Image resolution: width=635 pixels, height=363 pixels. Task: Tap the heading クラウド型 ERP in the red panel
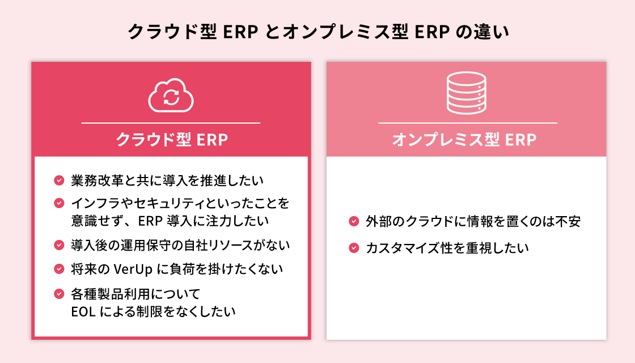[172, 140]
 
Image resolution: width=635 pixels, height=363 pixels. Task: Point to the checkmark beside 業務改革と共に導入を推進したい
[59, 181]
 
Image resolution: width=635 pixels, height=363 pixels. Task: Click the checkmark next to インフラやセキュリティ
[59, 202]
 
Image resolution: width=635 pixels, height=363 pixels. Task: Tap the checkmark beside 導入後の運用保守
[59, 245]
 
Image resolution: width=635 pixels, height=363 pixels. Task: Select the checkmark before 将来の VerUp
[59, 268]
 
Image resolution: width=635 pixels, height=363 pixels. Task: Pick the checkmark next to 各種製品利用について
[59, 294]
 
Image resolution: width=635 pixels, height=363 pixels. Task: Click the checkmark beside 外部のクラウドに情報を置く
[354, 221]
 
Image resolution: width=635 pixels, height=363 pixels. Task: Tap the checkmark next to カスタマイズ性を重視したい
[354, 248]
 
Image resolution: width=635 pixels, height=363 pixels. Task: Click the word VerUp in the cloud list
[133, 268]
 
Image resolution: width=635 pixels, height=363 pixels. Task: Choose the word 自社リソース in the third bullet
[216, 245]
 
